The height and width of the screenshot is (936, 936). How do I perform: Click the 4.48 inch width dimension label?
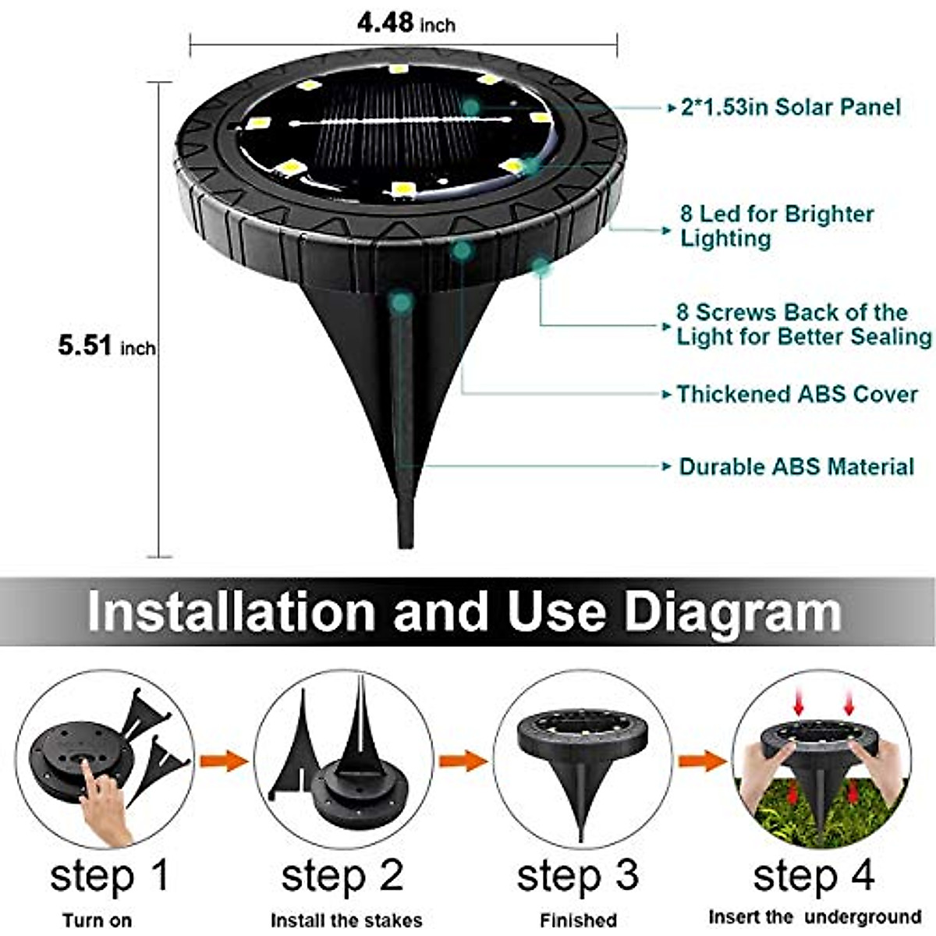pos(406,23)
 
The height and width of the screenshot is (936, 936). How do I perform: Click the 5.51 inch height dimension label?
pos(106,345)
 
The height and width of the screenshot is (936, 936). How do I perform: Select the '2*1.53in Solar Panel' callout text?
pos(790,107)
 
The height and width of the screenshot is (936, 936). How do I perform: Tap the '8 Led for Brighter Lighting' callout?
pos(776,225)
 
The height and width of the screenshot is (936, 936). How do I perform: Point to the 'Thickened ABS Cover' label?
pos(796,394)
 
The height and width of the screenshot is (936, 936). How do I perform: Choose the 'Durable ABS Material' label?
pos(796,466)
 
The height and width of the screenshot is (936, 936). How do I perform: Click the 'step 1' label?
pos(109,875)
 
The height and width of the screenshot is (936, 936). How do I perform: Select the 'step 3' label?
pos(577,875)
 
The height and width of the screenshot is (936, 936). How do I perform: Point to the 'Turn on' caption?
pos(97,920)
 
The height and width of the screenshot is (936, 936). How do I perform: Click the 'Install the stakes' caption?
pos(346,920)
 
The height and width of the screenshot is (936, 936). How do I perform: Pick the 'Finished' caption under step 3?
pos(578,920)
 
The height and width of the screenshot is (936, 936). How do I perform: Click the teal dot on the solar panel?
pos(470,106)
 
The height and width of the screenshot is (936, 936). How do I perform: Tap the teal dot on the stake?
pos(401,300)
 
